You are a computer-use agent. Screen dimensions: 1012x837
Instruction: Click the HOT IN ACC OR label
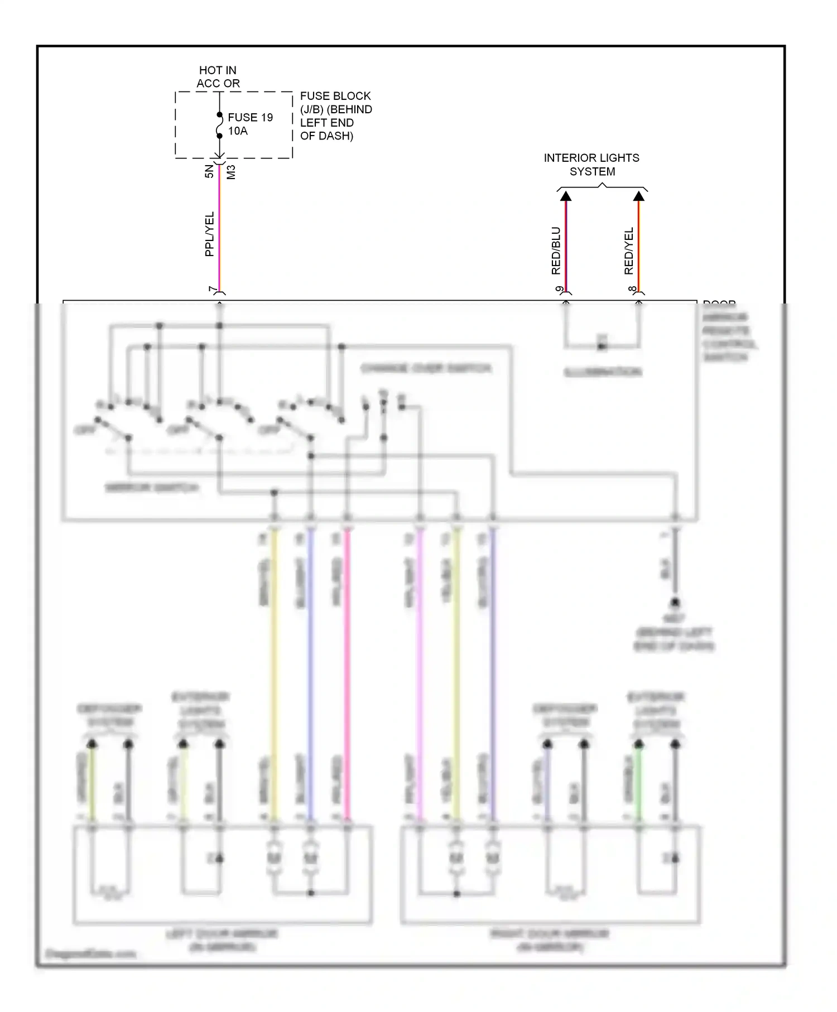tap(218, 77)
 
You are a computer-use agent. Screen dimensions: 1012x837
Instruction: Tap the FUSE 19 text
tap(250, 118)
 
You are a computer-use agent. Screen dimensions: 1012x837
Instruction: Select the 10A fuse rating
tap(238, 131)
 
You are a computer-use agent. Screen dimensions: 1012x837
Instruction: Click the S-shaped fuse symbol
tap(219, 126)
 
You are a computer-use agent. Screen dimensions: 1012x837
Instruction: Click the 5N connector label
tap(209, 171)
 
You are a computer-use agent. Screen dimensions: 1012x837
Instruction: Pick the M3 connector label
tap(231, 171)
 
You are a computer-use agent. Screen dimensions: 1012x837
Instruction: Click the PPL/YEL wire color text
tap(209, 234)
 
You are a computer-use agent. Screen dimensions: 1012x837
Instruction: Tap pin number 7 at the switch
tap(212, 290)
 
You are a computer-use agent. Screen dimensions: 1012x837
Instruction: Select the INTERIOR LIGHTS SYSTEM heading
tap(591, 165)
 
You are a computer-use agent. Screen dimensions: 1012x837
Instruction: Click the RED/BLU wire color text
tap(556, 250)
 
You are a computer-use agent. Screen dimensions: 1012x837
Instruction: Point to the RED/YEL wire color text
tap(629, 250)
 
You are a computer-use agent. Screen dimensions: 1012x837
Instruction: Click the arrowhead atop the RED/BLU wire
tap(566, 196)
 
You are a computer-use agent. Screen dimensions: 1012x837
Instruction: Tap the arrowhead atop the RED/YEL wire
tap(639, 196)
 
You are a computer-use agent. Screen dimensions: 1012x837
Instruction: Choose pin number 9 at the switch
tap(559, 290)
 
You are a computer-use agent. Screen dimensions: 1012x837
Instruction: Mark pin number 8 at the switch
tap(632, 290)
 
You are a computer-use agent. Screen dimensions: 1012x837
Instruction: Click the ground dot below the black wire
tap(675, 603)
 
